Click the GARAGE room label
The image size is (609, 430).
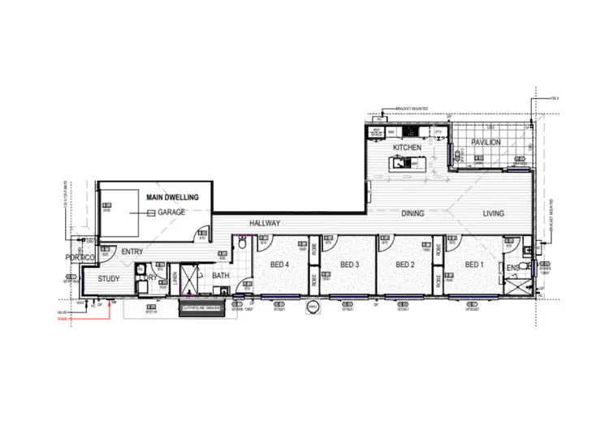tap(172, 213)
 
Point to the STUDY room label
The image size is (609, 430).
tap(108, 279)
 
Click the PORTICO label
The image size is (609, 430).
tap(82, 257)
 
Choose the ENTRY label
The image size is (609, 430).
tap(132, 252)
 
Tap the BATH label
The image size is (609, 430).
tap(221, 276)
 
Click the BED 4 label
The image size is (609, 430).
tap(282, 264)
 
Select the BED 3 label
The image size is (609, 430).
tap(349, 264)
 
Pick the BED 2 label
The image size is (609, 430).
tap(405, 264)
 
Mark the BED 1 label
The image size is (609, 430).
tap(474, 264)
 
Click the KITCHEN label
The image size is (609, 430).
tap(405, 148)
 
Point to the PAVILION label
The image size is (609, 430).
tap(485, 142)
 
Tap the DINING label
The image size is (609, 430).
tap(413, 214)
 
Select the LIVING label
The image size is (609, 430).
tap(493, 214)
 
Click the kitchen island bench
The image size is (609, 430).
tap(403, 164)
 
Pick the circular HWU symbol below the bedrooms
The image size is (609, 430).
tap(313, 307)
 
